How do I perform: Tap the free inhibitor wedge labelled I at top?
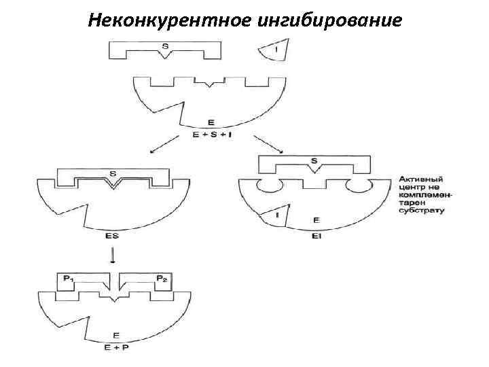coord(275,50)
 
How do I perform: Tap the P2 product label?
coord(162,279)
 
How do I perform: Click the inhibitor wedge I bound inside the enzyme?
coord(277,215)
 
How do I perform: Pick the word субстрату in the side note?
coord(421,211)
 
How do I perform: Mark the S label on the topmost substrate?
coord(165,46)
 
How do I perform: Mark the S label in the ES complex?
coord(112,173)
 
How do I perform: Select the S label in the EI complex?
coord(314,161)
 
